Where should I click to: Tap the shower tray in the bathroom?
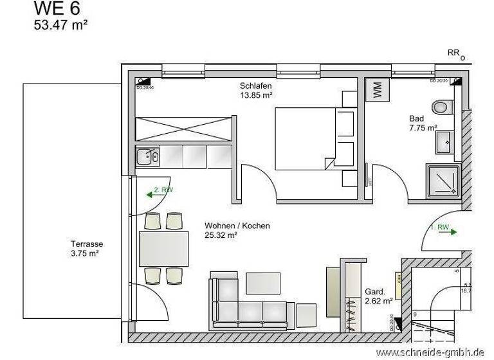pos(443,181)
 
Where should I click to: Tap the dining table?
pos(164,248)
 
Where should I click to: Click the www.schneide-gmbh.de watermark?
pos(430,352)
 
